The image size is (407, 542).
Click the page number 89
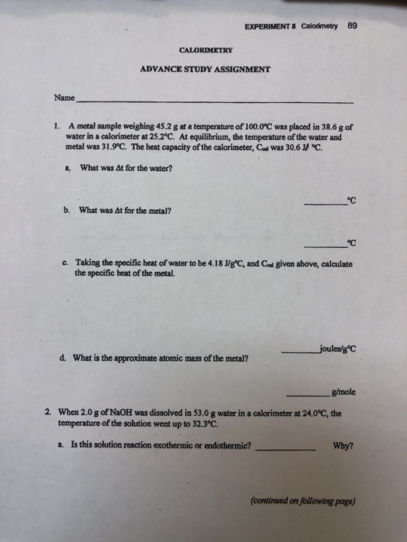click(x=353, y=24)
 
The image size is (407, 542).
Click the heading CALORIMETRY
click(x=206, y=50)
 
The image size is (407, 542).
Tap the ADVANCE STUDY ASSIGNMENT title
click(x=205, y=68)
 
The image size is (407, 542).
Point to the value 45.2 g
click(x=151, y=125)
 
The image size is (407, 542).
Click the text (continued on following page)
click(x=304, y=500)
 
